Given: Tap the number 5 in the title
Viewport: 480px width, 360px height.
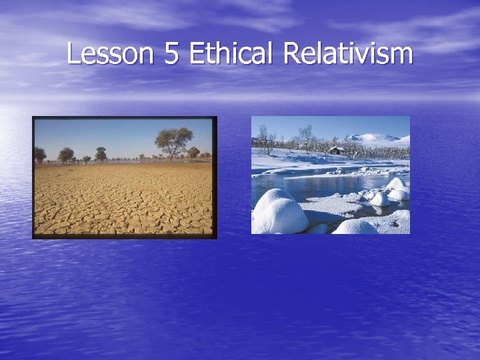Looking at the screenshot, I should coord(171,54).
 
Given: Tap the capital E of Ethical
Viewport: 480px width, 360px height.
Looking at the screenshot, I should coord(195,54).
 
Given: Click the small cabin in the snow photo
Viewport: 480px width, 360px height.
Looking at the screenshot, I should coord(337,151).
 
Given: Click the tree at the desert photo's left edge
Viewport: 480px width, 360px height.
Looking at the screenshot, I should coord(39,155).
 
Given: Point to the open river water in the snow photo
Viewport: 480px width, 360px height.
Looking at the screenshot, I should coord(313,184).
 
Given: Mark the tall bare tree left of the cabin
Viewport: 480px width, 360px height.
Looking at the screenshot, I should coord(306,137).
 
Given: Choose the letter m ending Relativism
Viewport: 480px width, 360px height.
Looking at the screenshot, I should coord(402,54).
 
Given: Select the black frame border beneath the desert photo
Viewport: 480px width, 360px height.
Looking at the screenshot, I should coord(125,236).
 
